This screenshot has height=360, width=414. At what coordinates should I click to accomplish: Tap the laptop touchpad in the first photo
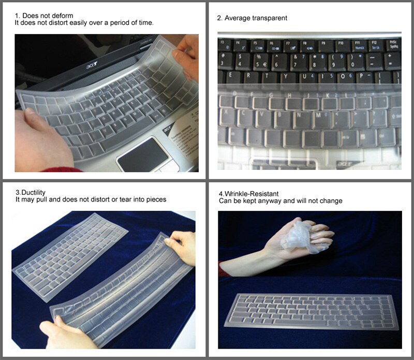(x=142, y=154)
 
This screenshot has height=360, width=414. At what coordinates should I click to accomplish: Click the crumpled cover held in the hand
(x=305, y=236)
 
